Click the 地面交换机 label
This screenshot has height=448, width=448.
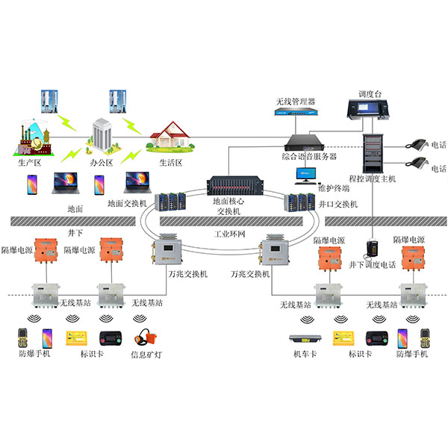pyautogui.click(x=130, y=202)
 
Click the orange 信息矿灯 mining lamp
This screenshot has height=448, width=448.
pyautogui.click(x=143, y=338)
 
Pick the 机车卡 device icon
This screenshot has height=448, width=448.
pyautogui.click(x=302, y=338)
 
